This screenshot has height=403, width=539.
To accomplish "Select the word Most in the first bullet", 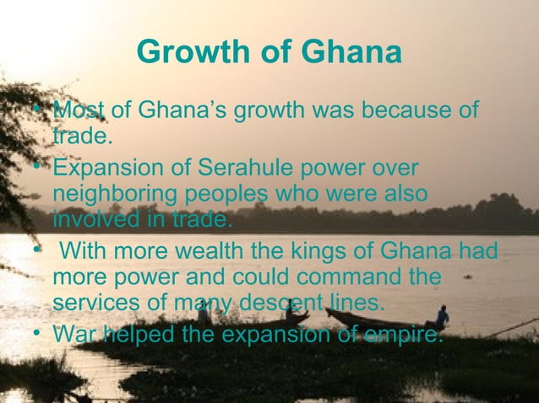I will (x=80, y=111).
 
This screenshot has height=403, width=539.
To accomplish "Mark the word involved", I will (x=89, y=221).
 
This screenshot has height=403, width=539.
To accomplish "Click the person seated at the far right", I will (x=440, y=317).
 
